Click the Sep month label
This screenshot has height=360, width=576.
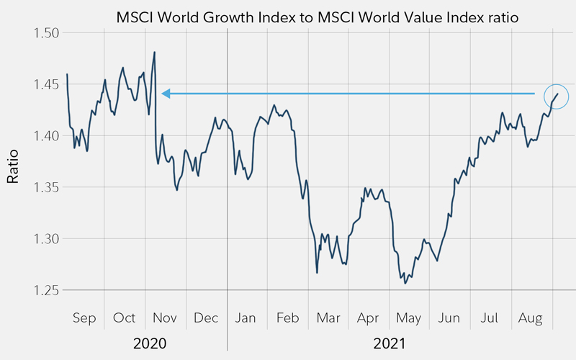(x=84, y=318)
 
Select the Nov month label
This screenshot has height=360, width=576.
(x=165, y=318)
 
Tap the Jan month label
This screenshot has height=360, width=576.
(x=246, y=318)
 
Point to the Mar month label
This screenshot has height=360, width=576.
(x=328, y=318)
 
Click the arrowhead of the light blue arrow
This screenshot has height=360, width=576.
(x=166, y=94)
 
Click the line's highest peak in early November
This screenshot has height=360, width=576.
(x=155, y=52)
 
